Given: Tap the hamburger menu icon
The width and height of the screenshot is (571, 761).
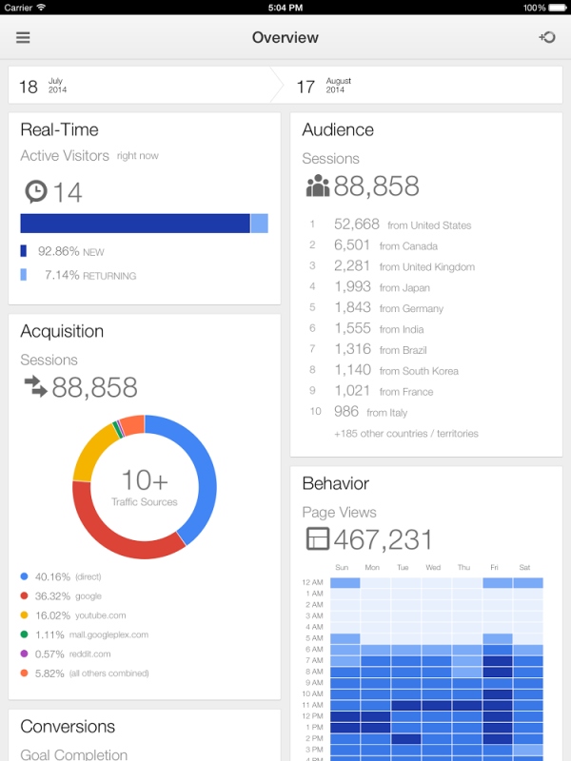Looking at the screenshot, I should [23, 38].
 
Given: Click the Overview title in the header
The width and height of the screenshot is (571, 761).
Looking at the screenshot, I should [285, 38].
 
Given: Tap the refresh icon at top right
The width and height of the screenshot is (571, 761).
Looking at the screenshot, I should [547, 38].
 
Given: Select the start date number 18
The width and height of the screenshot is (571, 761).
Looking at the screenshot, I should [29, 87].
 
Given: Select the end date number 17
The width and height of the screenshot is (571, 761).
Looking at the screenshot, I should [305, 87].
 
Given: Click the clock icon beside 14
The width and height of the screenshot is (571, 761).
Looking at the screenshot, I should [35, 192].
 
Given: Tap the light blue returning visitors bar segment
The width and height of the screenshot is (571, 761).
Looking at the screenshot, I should [259, 224].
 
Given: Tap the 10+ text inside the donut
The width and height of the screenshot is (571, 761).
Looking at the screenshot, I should [145, 480].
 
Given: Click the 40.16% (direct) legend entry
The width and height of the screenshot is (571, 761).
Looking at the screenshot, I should [68, 576].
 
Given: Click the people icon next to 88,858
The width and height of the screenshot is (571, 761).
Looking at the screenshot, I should [317, 186].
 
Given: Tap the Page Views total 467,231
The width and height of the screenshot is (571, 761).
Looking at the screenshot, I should [383, 539].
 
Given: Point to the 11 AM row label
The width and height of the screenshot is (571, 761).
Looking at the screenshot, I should [313, 706].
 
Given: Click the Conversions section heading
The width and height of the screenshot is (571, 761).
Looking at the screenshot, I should [68, 727].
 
